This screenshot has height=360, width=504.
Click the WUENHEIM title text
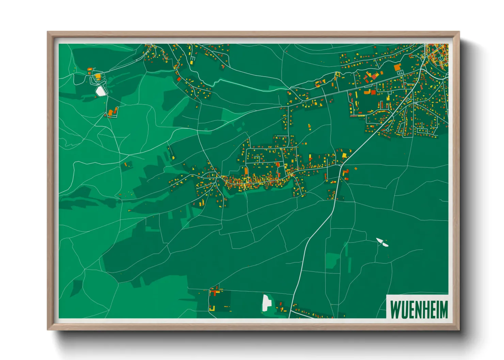[x=419, y=309]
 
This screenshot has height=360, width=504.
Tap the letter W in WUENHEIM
[x=395, y=309]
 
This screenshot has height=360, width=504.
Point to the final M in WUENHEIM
[x=443, y=309]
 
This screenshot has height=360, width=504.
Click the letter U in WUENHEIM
[x=404, y=309]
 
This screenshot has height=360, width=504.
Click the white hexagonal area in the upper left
[x=100, y=91]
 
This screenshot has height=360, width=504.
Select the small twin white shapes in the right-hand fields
[x=382, y=242]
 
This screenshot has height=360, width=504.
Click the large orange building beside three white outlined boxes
[x=397, y=68]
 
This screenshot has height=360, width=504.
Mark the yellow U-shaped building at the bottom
[x=212, y=309]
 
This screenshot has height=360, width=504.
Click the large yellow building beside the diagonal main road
[x=344, y=156]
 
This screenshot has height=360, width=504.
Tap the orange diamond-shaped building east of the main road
[x=356, y=168]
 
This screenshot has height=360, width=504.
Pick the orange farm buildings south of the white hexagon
[x=112, y=112]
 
